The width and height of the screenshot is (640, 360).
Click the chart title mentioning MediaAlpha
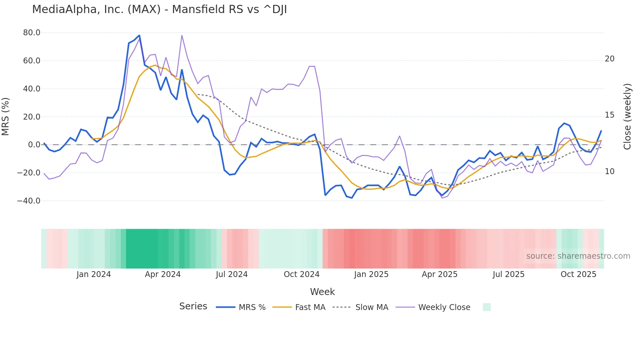click(x=159, y=9)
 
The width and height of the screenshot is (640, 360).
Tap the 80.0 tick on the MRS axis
click(x=32, y=33)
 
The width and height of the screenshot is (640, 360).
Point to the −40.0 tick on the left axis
click(x=29, y=201)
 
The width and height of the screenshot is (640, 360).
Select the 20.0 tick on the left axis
click(x=32, y=117)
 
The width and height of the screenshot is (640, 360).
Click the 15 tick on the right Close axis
click(x=609, y=115)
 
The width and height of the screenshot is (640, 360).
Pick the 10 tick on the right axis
click(x=609, y=172)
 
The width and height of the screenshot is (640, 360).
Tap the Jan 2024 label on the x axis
click(x=94, y=274)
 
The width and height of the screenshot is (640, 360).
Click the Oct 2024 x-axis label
click(x=301, y=274)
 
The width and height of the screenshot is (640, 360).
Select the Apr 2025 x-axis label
click(x=440, y=274)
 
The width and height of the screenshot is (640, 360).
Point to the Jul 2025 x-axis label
click(x=508, y=274)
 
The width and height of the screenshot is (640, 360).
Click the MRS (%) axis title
click(x=6, y=117)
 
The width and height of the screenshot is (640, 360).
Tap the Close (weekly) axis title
click(x=627, y=117)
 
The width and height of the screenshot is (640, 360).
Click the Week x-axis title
click(x=322, y=292)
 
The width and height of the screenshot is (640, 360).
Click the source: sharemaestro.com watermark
click(x=578, y=256)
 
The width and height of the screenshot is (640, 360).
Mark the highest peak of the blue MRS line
click(x=139, y=35)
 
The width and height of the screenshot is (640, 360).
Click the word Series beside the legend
click(x=193, y=306)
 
